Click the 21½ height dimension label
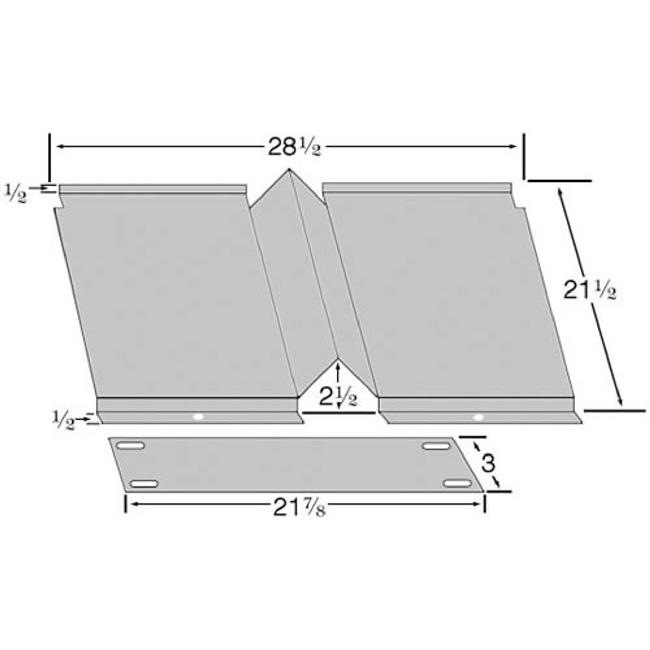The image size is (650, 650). coord(590,290)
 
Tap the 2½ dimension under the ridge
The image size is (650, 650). coord(338,397)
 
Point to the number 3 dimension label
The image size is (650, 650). coord(487,464)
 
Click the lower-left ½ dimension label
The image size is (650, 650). coord(62,420)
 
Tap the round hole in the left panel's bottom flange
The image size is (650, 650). coord(198,417)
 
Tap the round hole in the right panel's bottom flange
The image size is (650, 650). coord(478,417)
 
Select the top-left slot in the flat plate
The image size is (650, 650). coord(131,446)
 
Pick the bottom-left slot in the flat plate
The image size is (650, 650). coord(144,483)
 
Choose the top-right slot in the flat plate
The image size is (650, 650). coord(436,446)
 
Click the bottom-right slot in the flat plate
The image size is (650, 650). coord(457,483)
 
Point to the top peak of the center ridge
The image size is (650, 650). coord(289,170)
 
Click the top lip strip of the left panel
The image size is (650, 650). coord(152,189)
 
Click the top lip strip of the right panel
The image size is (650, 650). coord(416,187)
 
